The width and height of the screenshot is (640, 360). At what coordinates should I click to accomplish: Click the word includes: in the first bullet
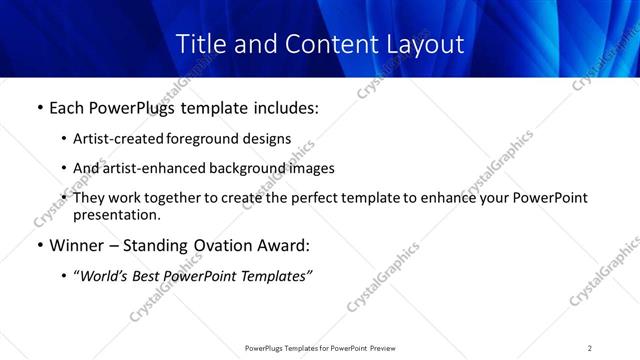285,107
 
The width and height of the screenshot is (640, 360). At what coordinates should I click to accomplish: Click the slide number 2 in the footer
590,347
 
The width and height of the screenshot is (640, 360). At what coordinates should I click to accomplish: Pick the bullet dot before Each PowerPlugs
39,108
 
